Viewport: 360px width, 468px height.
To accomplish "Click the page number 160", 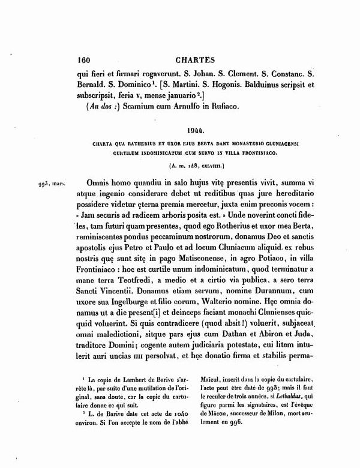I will pos(80,60).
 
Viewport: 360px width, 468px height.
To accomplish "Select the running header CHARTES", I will pos(193,60).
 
